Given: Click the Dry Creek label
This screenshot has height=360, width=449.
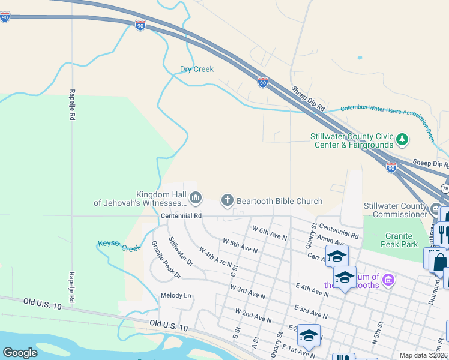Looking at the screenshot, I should pyautogui.click(x=197, y=69).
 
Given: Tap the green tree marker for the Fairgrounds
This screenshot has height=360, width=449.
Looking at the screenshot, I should pyautogui.click(x=402, y=140).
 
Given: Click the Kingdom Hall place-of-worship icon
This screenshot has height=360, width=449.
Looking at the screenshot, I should pyautogui.click(x=196, y=197).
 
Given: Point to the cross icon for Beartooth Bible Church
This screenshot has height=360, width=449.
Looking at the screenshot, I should pyautogui.click(x=227, y=200).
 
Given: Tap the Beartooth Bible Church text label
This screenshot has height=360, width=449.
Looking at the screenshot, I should pyautogui.click(x=279, y=202).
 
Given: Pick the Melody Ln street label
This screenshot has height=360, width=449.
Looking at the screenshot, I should pyautogui.click(x=175, y=295).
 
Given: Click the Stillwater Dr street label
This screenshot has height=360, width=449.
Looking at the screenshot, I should pyautogui.click(x=180, y=251).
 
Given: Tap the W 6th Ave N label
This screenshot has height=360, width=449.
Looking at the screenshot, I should pyautogui.click(x=270, y=233).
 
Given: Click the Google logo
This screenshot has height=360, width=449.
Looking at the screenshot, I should pyautogui.click(x=20, y=353).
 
